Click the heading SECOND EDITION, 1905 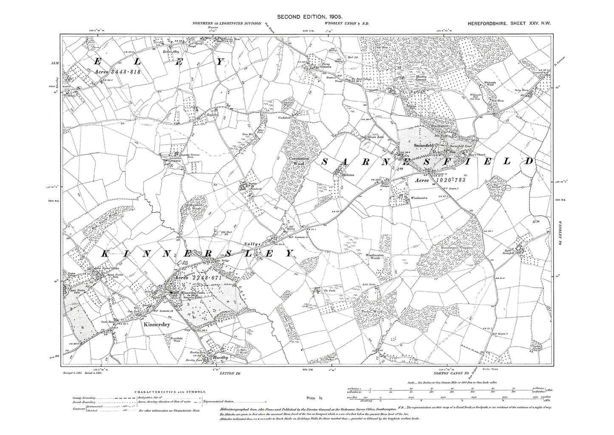pyautogui.click(x=307, y=17)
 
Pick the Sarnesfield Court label pyautogui.click(x=461, y=144)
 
